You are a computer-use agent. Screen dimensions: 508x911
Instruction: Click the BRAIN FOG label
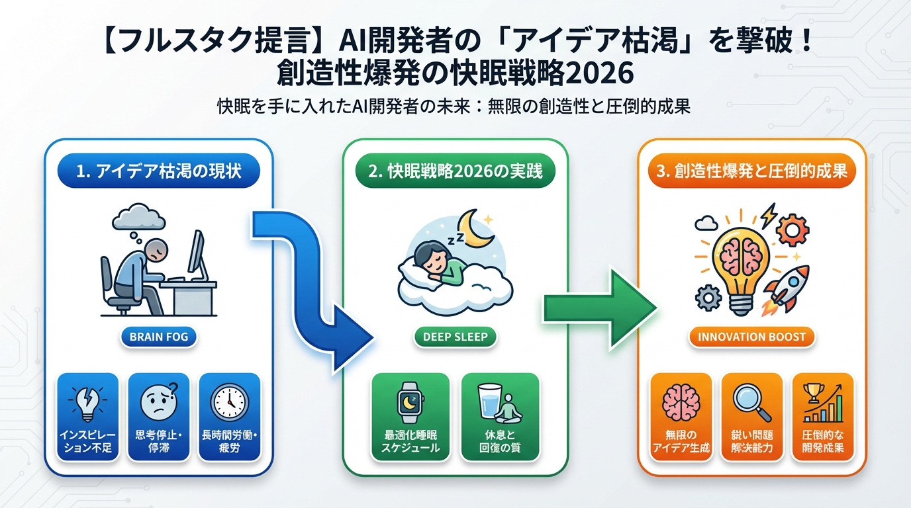pos(159,337)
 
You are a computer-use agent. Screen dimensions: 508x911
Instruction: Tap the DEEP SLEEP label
pos(455,337)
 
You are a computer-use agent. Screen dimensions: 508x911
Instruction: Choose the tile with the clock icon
pos(230,417)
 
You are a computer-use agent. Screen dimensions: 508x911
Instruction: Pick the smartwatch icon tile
pos(410,417)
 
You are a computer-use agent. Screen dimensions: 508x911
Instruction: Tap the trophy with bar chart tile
pos(824,417)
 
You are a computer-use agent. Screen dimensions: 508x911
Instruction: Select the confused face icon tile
pos(159,417)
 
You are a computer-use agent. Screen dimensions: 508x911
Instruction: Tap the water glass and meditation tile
pos(501,417)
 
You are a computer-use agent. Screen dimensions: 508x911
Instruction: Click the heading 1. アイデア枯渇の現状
pos(159,171)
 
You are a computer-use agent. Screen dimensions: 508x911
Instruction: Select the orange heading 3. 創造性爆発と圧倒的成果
pos(751,171)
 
